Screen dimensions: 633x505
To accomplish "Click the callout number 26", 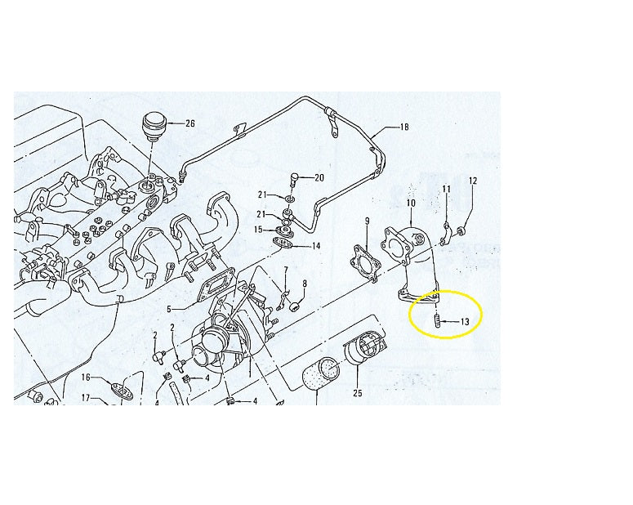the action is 190,123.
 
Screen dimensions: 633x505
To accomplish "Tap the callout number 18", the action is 404,127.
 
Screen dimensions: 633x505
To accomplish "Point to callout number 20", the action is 319,178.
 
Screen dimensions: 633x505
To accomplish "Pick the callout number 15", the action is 258,230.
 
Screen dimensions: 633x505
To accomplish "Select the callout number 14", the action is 316,246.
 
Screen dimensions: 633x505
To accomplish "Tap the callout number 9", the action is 367,221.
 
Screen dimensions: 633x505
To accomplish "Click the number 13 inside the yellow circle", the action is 465,322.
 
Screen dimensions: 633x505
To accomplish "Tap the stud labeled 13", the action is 437,320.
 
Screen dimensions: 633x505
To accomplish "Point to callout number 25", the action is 358,393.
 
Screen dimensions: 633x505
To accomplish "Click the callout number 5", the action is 169,310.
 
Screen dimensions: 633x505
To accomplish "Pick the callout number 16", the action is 86,378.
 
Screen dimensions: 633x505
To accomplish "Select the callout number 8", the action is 305,284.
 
